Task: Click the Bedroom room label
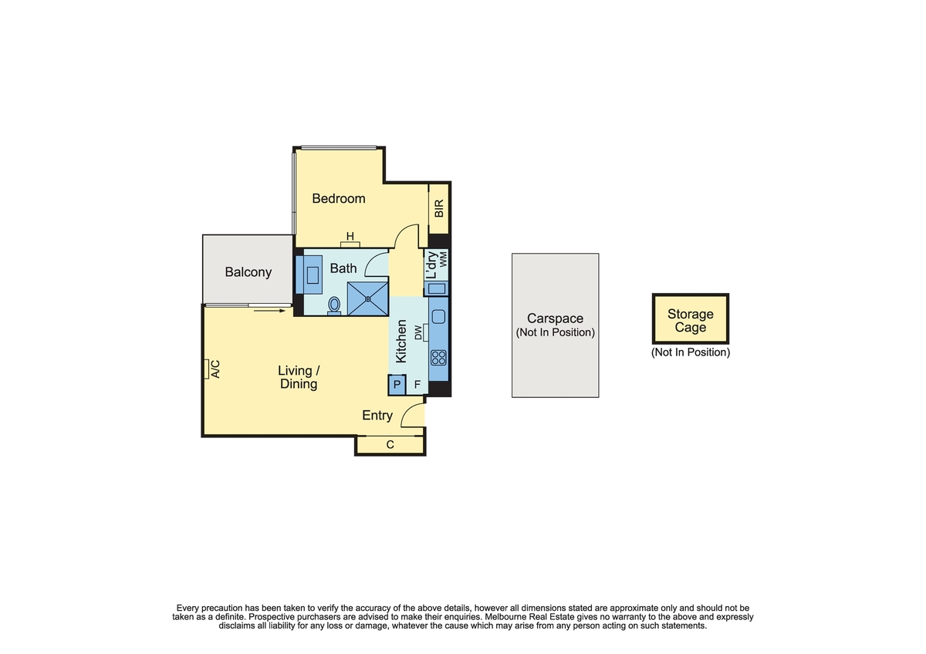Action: pos(339,199)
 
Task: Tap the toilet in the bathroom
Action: pos(334,305)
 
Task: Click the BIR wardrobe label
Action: pos(439,208)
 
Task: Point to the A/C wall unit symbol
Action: pos(206,369)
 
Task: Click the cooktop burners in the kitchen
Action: pos(438,358)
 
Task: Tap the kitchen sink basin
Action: pos(438,317)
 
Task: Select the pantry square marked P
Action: pos(397,385)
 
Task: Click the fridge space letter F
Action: pos(417,385)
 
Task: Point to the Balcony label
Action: pos(248,272)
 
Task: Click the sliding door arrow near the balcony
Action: pos(269,311)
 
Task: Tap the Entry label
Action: pos(377,415)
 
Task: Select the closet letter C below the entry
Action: pos(390,444)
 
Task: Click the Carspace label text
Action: pos(555,319)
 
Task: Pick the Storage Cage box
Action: pos(691,319)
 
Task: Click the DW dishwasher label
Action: pos(418,332)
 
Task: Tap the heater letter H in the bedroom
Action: pos(350,236)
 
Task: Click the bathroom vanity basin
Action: pos(313,275)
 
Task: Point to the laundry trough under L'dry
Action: pos(437,288)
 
